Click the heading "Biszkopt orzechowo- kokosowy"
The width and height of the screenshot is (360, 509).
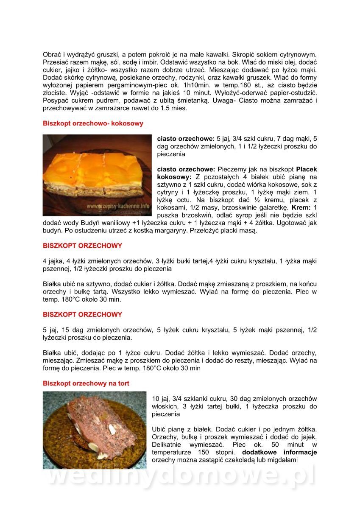93,123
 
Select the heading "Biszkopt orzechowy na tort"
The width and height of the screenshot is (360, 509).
86,383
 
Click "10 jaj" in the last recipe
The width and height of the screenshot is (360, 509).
161,399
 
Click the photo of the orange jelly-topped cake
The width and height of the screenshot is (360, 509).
97,175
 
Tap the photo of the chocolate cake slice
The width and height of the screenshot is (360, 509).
94,430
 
